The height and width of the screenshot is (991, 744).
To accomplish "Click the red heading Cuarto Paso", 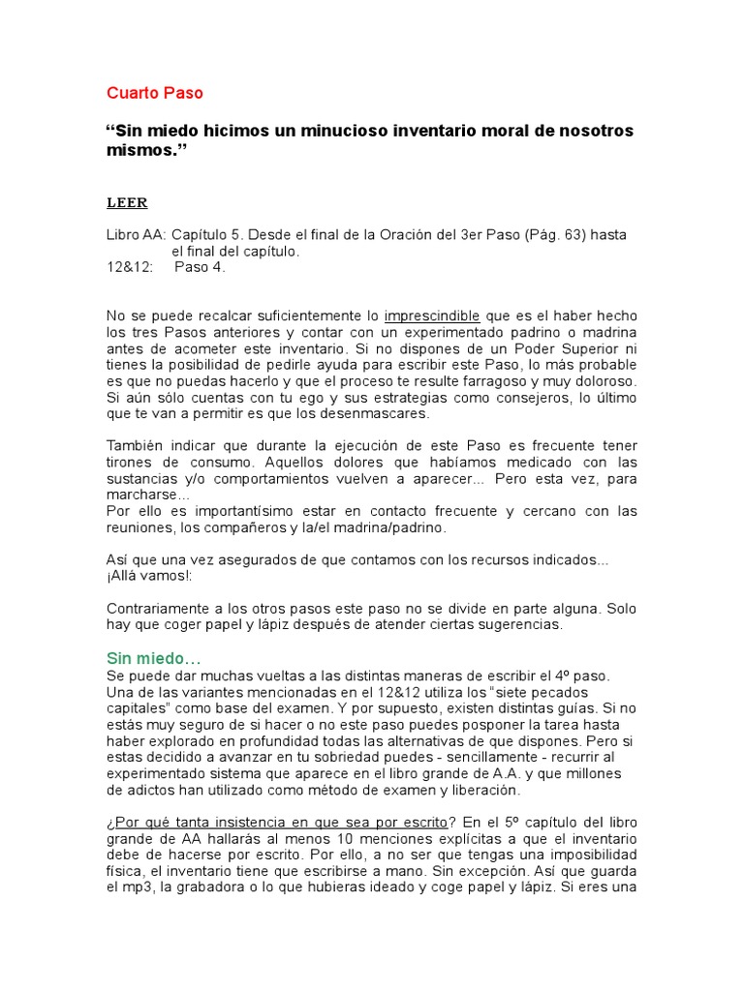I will [x=155, y=94].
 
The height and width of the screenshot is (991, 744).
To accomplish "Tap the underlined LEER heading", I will [x=126, y=203].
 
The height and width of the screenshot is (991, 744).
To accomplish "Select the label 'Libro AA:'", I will [x=136, y=235].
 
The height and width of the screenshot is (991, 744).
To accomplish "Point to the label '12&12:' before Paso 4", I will [x=129, y=268].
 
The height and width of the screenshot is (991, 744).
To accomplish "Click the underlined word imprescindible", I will [x=432, y=316].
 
